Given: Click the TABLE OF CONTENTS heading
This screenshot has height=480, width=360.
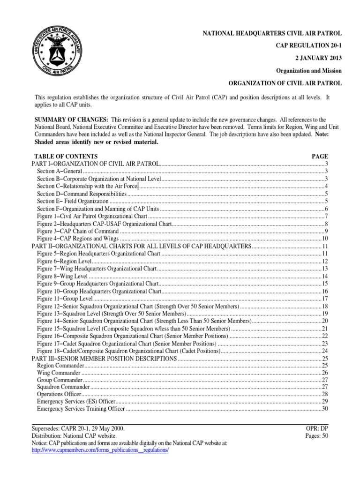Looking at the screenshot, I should point(66,156).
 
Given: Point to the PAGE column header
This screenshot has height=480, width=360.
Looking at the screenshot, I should point(320,156).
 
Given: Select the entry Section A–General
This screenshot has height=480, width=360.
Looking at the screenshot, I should point(56,171).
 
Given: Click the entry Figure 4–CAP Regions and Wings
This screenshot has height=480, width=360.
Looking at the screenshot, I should point(75,239).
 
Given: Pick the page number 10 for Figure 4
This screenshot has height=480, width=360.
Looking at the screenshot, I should point(324,239).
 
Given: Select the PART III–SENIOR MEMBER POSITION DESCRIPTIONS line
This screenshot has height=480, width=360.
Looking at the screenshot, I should point(104,359).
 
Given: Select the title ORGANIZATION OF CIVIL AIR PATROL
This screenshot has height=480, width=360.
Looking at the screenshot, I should point(285,83).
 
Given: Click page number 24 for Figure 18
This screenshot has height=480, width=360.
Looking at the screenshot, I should point(324,351).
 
